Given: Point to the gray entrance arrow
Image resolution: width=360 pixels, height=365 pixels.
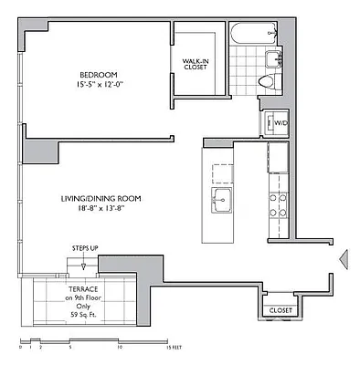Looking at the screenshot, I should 344,259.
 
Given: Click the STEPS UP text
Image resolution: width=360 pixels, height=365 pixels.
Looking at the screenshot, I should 85,248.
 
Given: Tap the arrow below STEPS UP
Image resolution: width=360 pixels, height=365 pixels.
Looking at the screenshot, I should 84,264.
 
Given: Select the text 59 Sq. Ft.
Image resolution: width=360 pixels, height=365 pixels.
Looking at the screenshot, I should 80,315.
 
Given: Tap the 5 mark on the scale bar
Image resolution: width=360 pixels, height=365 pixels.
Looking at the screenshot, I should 69,348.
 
